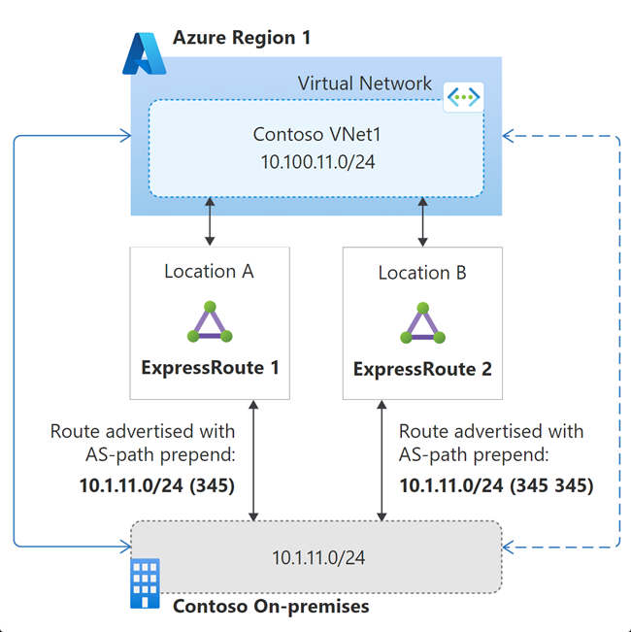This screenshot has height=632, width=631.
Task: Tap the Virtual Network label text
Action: (364, 83)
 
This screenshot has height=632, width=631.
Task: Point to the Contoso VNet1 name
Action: (315, 134)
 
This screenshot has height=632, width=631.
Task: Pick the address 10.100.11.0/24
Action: (315, 161)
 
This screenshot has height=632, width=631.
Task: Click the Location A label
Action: (209, 272)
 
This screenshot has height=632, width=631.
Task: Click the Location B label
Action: (422, 273)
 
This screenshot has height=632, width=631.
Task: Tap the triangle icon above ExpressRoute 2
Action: (422, 322)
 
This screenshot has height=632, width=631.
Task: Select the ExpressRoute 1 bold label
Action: (210, 368)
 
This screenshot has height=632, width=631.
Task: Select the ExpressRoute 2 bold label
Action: (422, 369)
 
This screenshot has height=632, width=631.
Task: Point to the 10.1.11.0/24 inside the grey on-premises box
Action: (317, 557)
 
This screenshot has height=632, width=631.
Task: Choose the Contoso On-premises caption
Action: (271, 607)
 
